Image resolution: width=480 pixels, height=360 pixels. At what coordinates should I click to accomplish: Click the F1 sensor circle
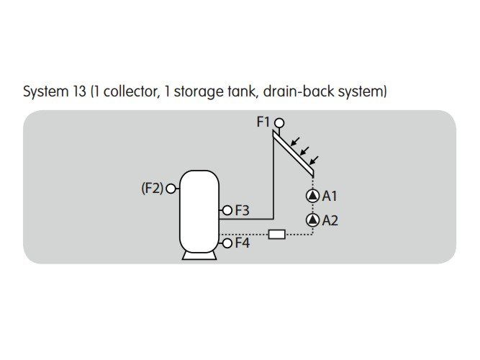click(x=279, y=123)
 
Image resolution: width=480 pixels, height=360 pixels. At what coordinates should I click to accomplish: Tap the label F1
click(x=263, y=122)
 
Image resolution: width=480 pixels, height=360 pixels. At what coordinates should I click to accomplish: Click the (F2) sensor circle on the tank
click(x=171, y=189)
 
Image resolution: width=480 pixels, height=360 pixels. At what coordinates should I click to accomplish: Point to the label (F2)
click(x=152, y=189)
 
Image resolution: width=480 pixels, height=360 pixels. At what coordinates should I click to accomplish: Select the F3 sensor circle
click(x=227, y=210)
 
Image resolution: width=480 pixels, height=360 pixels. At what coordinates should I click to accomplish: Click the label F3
click(x=242, y=211)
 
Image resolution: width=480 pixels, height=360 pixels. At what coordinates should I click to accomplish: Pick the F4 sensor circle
click(x=227, y=243)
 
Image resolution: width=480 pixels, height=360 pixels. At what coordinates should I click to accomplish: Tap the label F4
click(x=242, y=243)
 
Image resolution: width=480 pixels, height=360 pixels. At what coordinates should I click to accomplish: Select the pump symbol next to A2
click(x=312, y=220)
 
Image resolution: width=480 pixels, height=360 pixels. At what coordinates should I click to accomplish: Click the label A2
click(x=330, y=220)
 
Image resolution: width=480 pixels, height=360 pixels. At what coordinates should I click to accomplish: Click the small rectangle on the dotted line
click(x=276, y=234)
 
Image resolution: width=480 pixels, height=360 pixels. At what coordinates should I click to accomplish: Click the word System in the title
click(x=45, y=92)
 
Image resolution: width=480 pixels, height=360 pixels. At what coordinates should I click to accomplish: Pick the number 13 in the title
click(x=80, y=92)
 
